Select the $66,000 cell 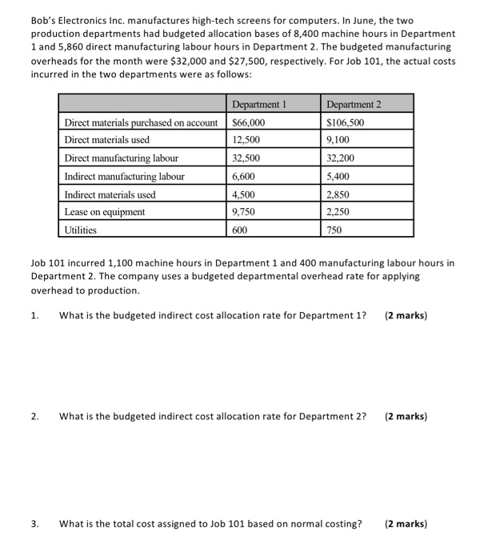pyautogui.click(x=249, y=122)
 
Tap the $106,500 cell pyautogui.click(x=346, y=122)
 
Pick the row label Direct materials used pyautogui.click(x=106, y=140)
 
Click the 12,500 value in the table pyautogui.click(x=246, y=140)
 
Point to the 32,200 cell pyautogui.click(x=341, y=158)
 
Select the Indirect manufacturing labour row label pyautogui.click(x=124, y=176)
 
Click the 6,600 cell pyautogui.click(x=243, y=176)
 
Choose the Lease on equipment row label pyautogui.click(x=105, y=212)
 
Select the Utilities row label pyautogui.click(x=80, y=230)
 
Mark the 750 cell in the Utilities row pyautogui.click(x=334, y=230)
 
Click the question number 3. pyautogui.click(x=34, y=524)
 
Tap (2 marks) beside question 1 pyautogui.click(x=406, y=315)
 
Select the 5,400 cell pyautogui.click(x=338, y=176)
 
